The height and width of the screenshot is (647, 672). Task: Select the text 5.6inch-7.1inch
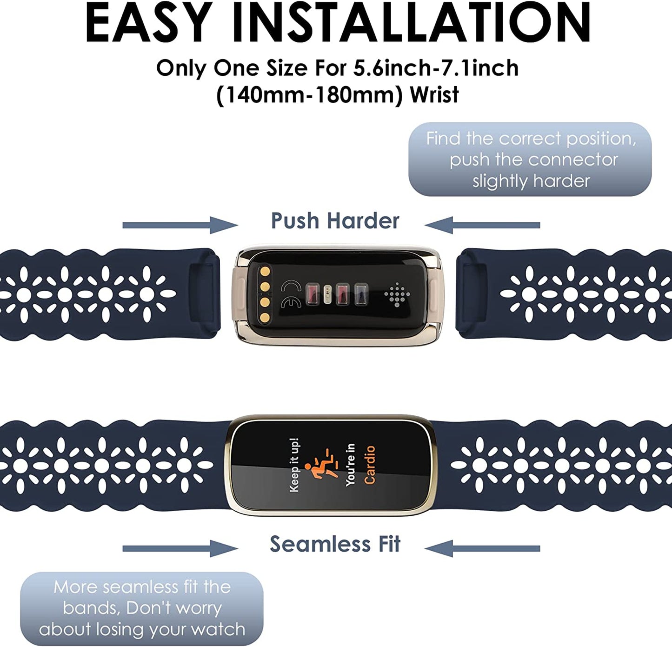[435, 68]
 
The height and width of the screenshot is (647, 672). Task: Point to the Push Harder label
[335, 221]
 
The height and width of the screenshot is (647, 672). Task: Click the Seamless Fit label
[335, 544]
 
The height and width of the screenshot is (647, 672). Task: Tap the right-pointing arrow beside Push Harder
[180, 225]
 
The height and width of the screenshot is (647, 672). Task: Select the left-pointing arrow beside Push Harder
[482, 225]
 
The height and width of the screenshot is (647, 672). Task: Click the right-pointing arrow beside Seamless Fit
[180, 548]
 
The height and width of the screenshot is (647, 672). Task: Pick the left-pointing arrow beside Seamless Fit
[482, 548]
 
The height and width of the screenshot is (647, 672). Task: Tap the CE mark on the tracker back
[291, 294]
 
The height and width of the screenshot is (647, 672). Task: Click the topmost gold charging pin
[265, 272]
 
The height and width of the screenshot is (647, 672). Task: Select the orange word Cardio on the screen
[370, 465]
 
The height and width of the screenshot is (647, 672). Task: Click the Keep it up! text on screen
[294, 465]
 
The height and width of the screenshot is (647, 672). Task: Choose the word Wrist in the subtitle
[434, 94]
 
